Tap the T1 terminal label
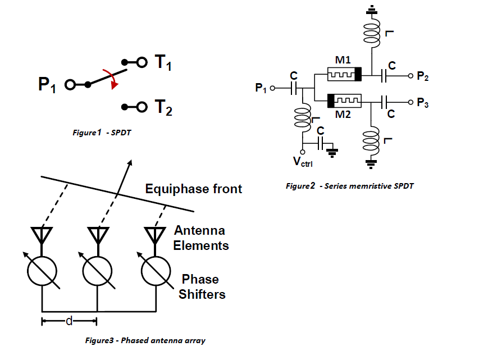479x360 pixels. coord(162,62)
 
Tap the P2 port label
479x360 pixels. coord(423,76)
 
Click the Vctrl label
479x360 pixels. coord(303,163)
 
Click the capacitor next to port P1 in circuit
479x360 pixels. coord(293,88)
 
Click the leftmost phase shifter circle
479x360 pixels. coord(42,271)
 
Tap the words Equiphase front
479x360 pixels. coord(194,188)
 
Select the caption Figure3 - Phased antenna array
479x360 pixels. coord(145,341)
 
